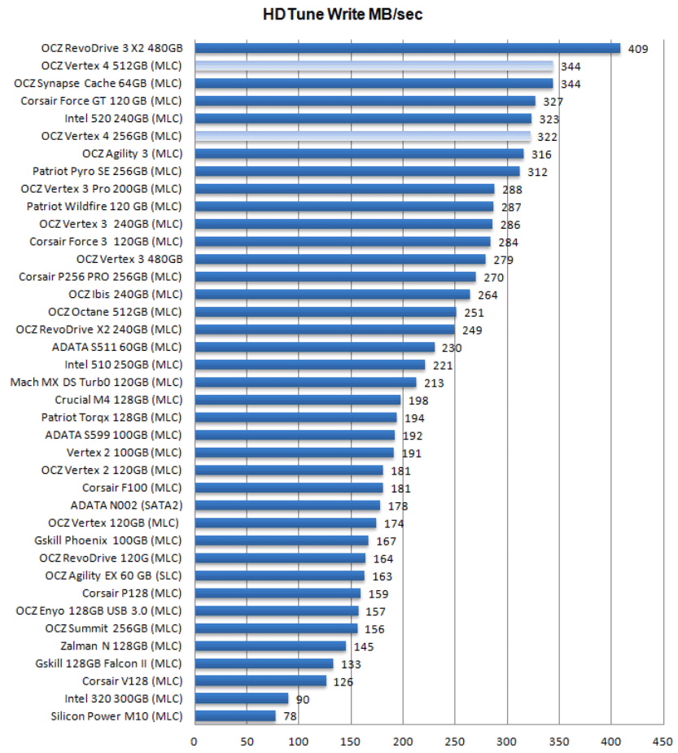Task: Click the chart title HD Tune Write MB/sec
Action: coord(343,14)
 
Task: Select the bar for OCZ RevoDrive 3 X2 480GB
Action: coord(407,48)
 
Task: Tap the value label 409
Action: coord(637,49)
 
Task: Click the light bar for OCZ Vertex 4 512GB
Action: coord(374,66)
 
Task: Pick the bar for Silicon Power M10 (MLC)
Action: coord(235,716)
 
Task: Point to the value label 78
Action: coord(290,716)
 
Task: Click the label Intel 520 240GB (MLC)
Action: coord(123,118)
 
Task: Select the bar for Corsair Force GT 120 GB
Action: coord(365,101)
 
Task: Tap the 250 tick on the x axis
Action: coord(455,741)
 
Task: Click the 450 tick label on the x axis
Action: coord(663,741)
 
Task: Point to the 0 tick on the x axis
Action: coord(194,741)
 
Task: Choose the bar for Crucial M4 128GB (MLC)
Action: coord(298,400)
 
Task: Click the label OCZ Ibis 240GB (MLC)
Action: coord(125,294)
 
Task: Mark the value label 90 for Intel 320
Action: coord(303,698)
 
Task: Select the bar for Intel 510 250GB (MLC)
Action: coord(309,365)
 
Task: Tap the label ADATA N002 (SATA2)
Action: coord(125,505)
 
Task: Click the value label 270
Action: coord(494,278)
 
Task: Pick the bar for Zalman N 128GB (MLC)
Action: coord(270,646)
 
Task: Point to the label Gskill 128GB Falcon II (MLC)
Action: coord(108,663)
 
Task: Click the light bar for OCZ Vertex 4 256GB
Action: coord(362,136)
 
